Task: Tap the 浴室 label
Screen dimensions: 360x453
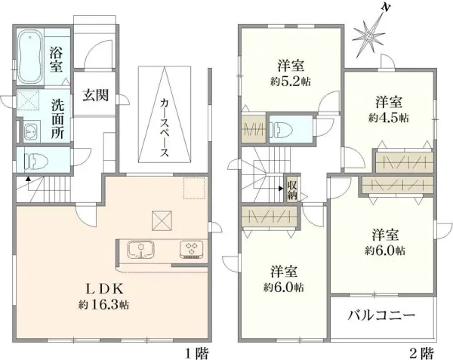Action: (x=57, y=60)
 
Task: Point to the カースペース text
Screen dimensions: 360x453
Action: (x=164, y=126)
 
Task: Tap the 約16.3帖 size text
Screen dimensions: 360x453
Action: (x=103, y=306)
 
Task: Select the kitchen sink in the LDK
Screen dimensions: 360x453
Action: (x=140, y=249)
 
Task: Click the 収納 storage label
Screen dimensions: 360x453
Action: (x=292, y=189)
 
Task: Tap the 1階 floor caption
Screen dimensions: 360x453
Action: (x=196, y=352)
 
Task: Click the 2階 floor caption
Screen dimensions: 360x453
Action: (x=421, y=352)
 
